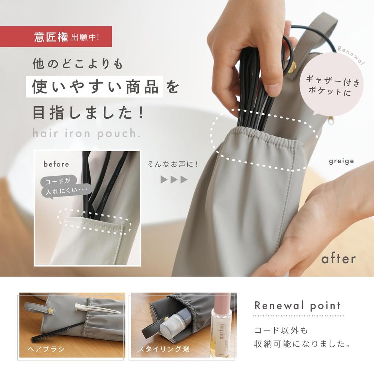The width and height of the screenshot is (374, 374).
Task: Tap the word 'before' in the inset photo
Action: [x=56, y=164]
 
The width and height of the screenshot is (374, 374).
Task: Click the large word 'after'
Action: [x=338, y=259]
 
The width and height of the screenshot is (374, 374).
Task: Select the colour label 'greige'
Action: [x=341, y=161]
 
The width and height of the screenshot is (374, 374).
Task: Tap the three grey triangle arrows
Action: [x=174, y=180]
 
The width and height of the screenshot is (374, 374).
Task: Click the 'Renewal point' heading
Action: [x=297, y=305]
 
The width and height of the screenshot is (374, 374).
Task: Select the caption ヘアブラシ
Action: [x=46, y=349]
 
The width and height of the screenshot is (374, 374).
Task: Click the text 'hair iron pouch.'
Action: [x=87, y=133]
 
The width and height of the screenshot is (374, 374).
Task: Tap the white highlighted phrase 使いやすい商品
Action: [x=95, y=88]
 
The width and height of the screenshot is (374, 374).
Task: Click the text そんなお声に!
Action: [x=173, y=164]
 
